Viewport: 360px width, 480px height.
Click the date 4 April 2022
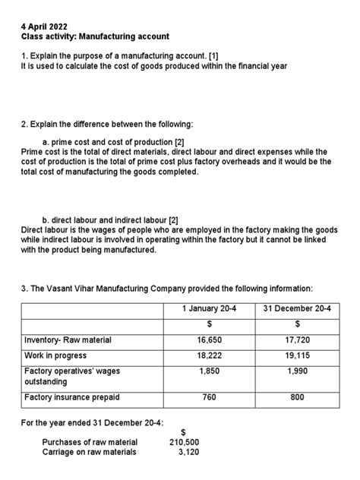(x=43, y=24)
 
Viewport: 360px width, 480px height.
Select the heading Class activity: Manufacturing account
(x=95, y=36)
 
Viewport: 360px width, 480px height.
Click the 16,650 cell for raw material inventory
(x=210, y=340)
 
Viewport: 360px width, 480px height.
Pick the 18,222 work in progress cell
(x=210, y=355)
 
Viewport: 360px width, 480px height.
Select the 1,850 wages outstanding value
(x=210, y=371)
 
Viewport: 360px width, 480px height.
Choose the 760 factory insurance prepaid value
(x=210, y=397)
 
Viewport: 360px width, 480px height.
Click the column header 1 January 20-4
(x=210, y=308)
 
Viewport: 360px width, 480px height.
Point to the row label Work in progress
(x=57, y=355)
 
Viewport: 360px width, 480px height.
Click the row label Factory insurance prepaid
(x=72, y=397)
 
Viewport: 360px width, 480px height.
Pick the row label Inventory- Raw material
(x=68, y=340)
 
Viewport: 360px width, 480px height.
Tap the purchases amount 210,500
(x=184, y=442)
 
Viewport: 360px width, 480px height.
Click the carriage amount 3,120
(x=188, y=452)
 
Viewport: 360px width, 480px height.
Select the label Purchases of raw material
(x=90, y=442)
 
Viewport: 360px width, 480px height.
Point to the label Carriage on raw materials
(x=90, y=452)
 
